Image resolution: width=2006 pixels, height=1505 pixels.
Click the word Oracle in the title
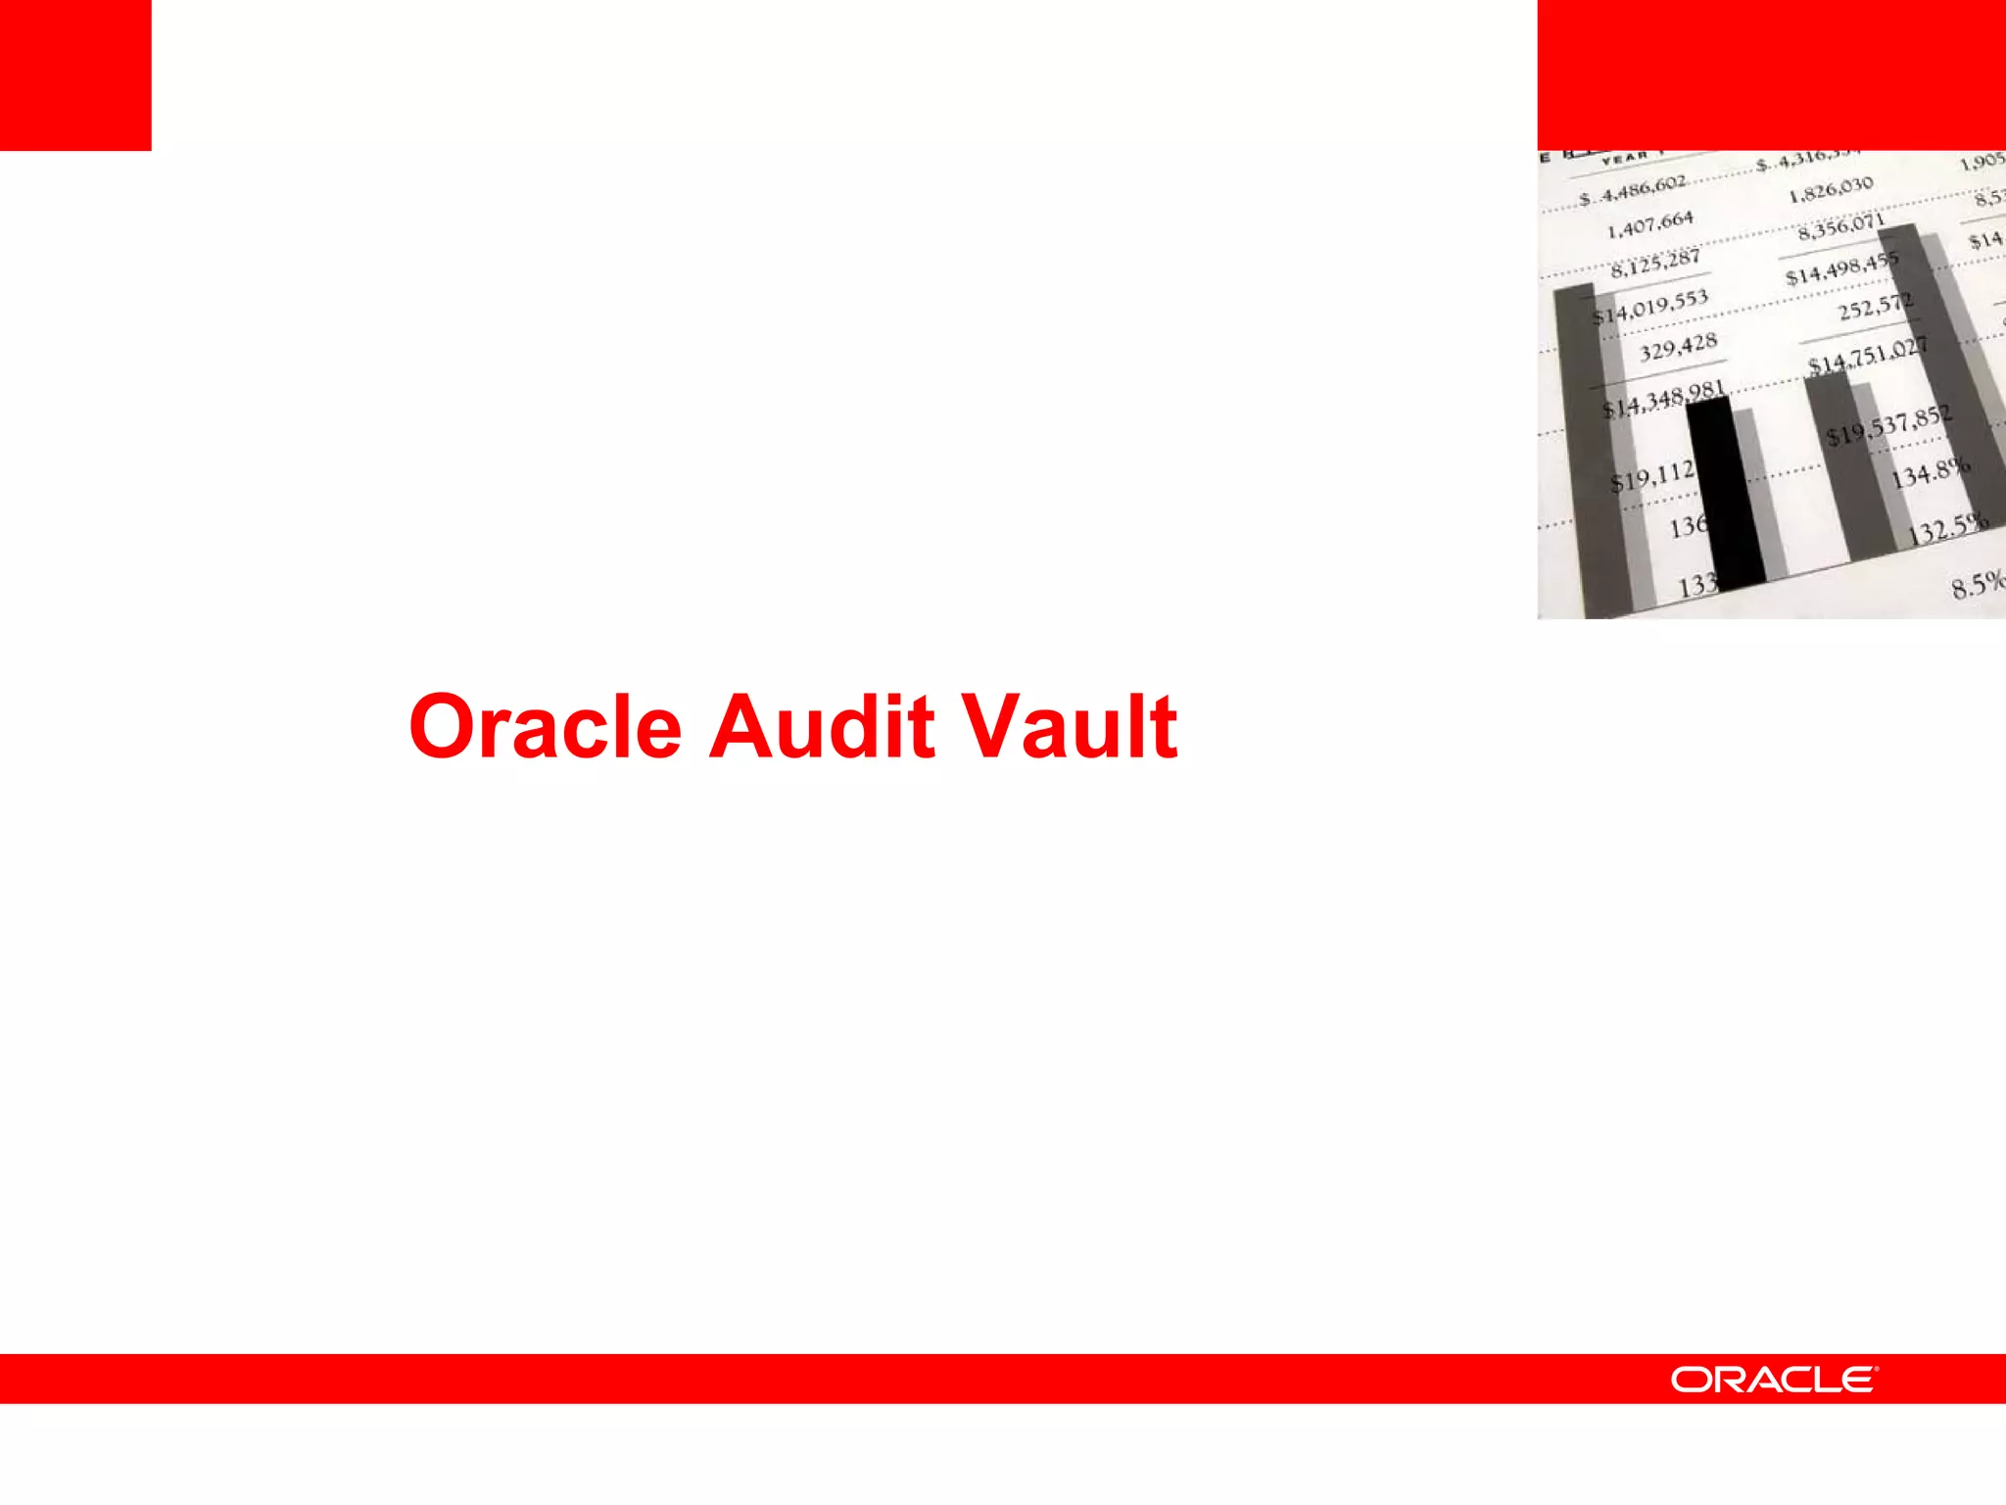(545, 727)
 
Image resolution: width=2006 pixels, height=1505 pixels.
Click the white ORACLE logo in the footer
(1774, 1380)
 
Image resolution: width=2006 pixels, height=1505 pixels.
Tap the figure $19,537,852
(1888, 426)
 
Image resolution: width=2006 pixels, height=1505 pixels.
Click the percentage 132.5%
(1948, 529)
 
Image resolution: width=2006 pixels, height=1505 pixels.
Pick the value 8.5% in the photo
(1977, 585)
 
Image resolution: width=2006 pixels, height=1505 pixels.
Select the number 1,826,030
(1831, 188)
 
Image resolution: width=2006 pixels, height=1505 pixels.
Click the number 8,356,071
(1841, 227)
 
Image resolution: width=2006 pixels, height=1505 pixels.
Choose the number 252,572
(1875, 308)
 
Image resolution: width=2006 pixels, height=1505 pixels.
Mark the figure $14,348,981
(1663, 400)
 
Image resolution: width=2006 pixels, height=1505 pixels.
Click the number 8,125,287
(1655, 263)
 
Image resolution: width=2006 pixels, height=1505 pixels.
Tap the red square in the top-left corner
(75, 74)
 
